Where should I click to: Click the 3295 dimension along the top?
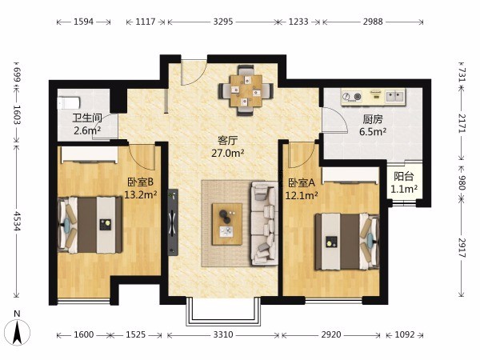click(x=223, y=22)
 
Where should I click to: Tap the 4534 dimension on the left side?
click(x=17, y=221)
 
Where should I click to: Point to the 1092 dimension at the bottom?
click(x=404, y=334)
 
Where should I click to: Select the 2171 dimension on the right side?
click(x=462, y=123)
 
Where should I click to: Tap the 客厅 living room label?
click(x=227, y=141)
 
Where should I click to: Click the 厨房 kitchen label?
click(x=373, y=118)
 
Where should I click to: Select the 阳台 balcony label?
click(x=404, y=176)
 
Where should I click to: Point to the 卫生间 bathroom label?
click(x=87, y=118)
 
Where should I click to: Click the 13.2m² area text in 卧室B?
click(x=141, y=194)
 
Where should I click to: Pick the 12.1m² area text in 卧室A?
click(x=302, y=195)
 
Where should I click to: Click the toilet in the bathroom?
click(x=69, y=103)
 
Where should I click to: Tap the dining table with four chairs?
click(x=246, y=90)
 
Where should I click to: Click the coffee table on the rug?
click(x=227, y=224)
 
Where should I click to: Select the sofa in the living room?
click(x=264, y=223)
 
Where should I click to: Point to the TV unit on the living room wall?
click(x=173, y=222)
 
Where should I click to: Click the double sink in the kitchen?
click(x=394, y=97)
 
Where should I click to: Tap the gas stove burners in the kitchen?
click(x=352, y=97)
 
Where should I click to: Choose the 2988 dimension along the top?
click(x=373, y=22)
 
